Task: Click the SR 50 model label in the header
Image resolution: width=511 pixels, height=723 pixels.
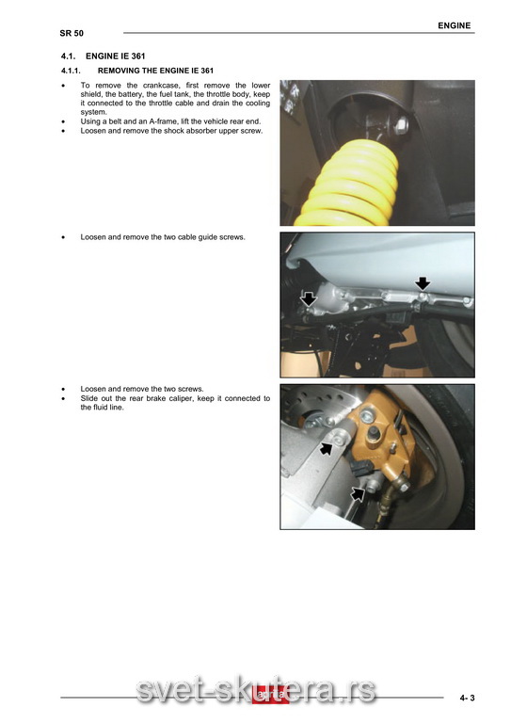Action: pos(72,33)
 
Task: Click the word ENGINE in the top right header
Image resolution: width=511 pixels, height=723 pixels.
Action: pos(454,25)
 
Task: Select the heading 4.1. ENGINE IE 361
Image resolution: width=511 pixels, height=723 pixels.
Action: pos(104,56)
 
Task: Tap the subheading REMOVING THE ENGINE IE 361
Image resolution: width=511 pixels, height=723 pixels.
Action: pos(155,71)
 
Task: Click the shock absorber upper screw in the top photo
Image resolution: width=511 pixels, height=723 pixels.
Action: pos(402,123)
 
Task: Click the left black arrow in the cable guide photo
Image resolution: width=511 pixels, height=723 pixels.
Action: pos(309,299)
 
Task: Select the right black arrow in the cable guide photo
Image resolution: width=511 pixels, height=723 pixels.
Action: pos(423,283)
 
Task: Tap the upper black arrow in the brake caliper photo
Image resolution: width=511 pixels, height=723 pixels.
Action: pos(327,448)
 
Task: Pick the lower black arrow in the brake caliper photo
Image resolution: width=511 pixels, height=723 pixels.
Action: pos(357,494)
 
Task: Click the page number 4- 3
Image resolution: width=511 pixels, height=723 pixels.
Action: pos(467,698)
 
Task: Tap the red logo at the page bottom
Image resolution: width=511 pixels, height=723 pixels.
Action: pos(270,696)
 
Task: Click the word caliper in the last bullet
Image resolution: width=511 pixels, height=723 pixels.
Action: pos(180,398)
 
